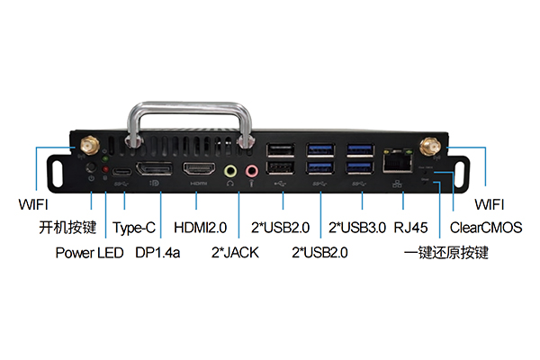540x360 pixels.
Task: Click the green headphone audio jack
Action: pyautogui.click(x=230, y=170)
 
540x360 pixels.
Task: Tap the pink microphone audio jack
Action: pyautogui.click(x=252, y=170)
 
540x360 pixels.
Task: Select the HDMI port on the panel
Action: pyautogui.click(x=199, y=169)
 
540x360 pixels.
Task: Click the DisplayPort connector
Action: pyautogui.click(x=154, y=168)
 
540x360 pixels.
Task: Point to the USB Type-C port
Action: pyautogui.click(x=121, y=172)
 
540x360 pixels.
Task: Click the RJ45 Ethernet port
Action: pyautogui.click(x=398, y=160)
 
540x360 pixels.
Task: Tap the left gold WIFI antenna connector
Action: pyautogui.click(x=89, y=145)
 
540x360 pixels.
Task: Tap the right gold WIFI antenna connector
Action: pyautogui.click(x=430, y=146)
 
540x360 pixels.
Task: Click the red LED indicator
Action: pyautogui.click(x=105, y=169)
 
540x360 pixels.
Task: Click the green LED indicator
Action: pyautogui.click(x=105, y=158)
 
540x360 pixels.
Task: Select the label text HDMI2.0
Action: pyautogui.click(x=200, y=228)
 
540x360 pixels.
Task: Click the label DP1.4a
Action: pyautogui.click(x=157, y=253)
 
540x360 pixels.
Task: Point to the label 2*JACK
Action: pyautogui.click(x=235, y=253)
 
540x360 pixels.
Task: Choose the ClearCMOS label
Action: pyautogui.click(x=486, y=228)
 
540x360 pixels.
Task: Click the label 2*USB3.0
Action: pyautogui.click(x=357, y=228)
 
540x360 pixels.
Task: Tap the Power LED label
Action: pyautogui.click(x=89, y=253)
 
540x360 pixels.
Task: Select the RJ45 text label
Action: pyautogui.click(x=410, y=228)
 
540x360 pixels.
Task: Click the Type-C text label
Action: pyautogui.click(x=134, y=228)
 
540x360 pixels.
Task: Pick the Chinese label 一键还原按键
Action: pyautogui.click(x=446, y=253)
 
